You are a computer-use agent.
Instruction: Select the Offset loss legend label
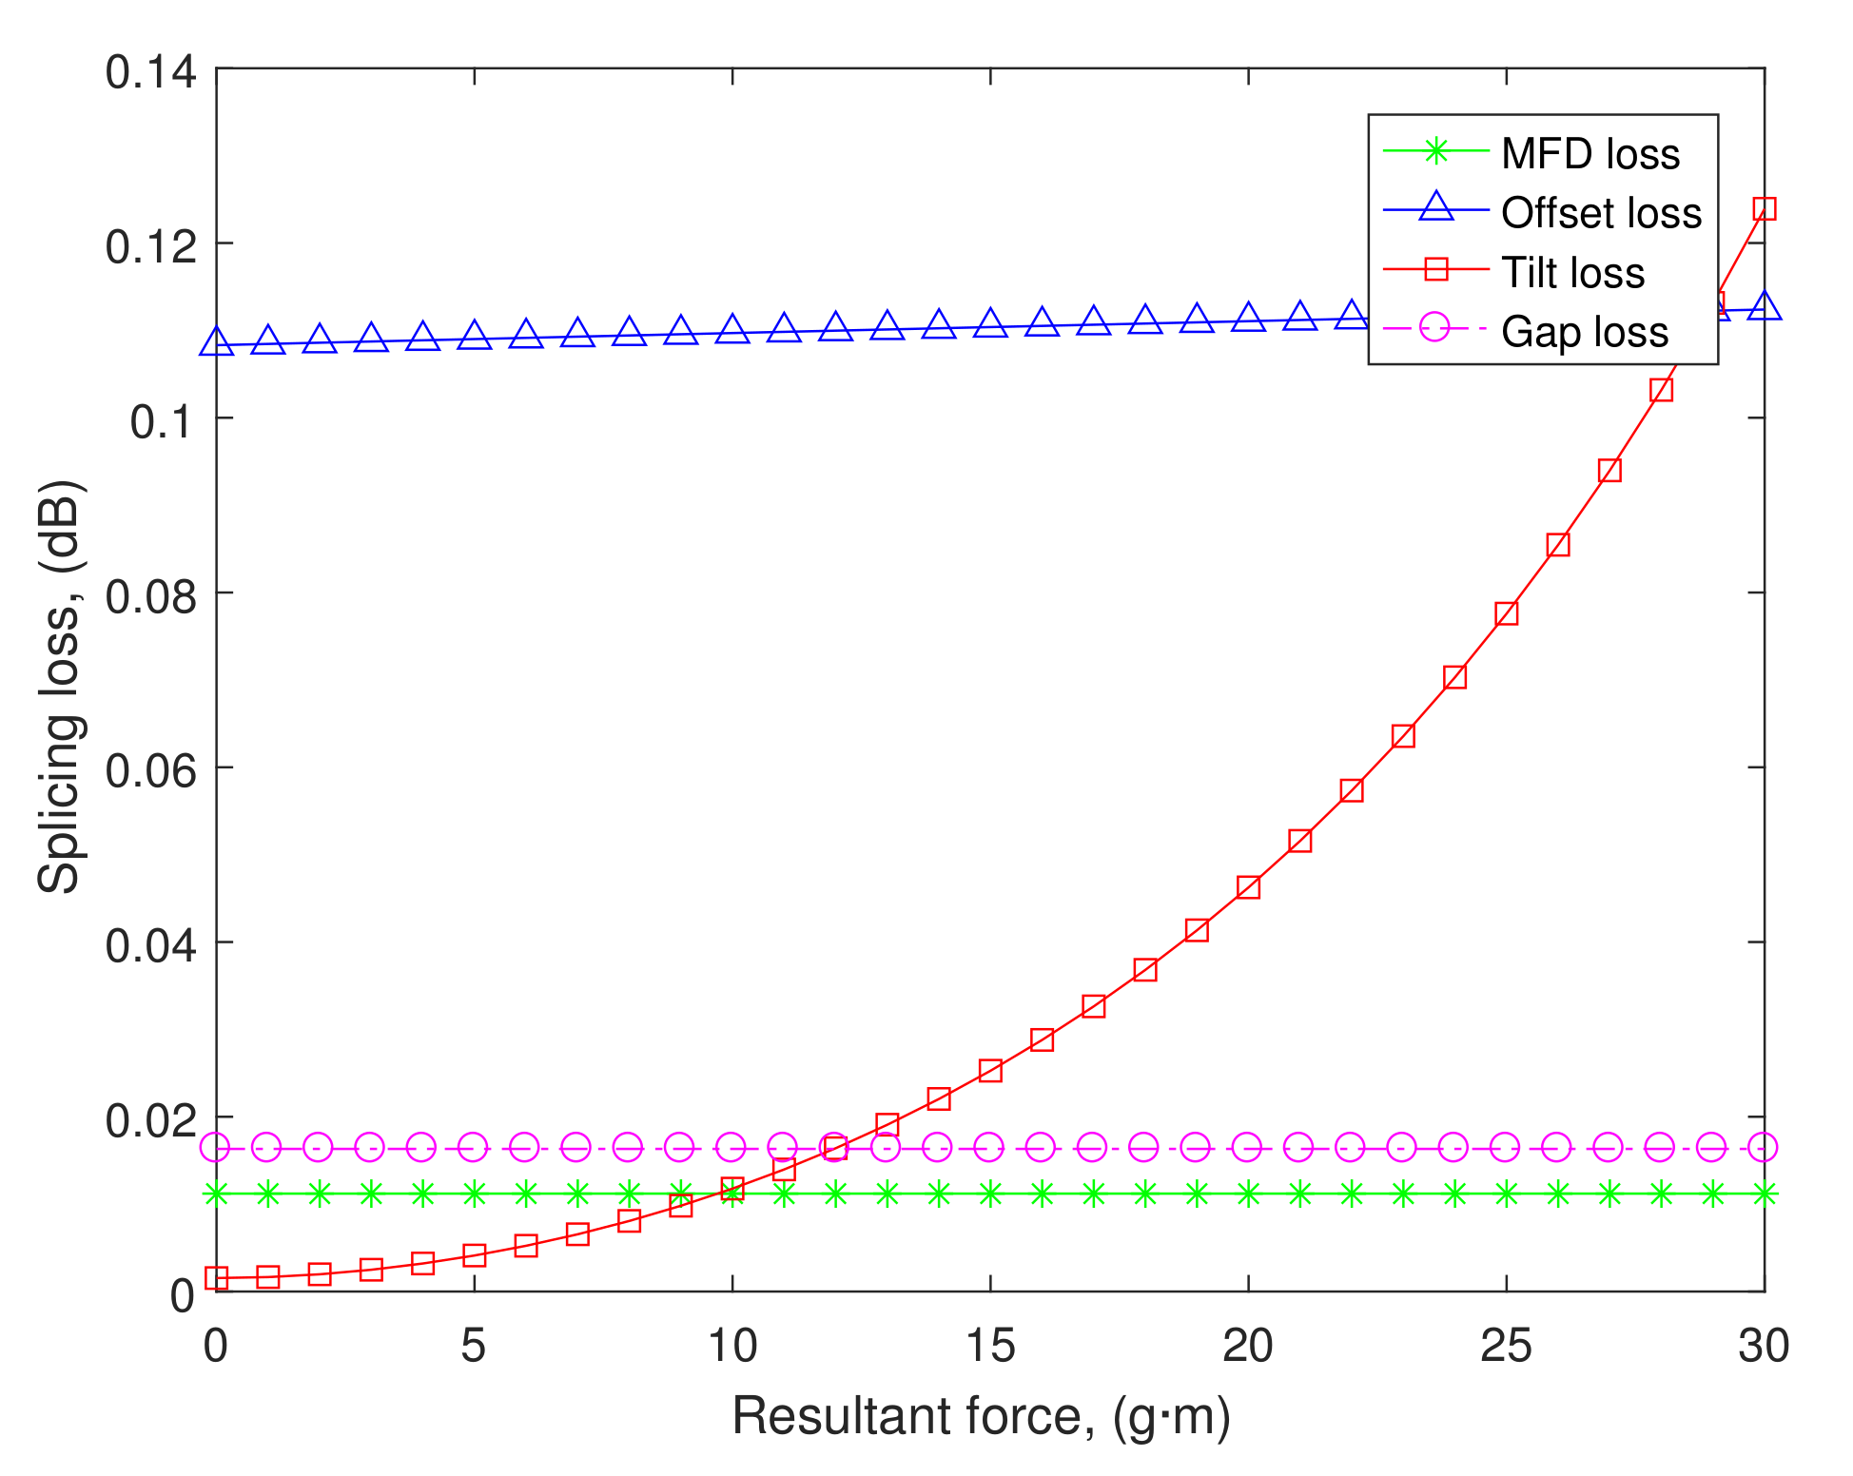(1601, 212)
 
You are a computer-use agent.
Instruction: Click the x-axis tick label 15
(990, 1347)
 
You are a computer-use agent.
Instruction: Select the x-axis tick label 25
(1506, 1347)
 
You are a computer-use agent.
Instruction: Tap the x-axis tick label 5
(474, 1347)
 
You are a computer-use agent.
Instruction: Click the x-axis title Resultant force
(981, 1416)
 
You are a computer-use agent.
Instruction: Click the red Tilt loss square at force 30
(1765, 209)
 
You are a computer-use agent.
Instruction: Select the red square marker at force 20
(1248, 887)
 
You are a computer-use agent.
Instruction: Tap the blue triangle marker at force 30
(1765, 307)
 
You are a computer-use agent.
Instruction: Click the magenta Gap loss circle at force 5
(474, 1148)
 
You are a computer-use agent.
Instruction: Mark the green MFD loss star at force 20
(1248, 1194)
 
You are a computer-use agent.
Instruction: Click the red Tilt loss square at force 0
(217, 1278)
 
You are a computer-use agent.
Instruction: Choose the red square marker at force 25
(1506, 613)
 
